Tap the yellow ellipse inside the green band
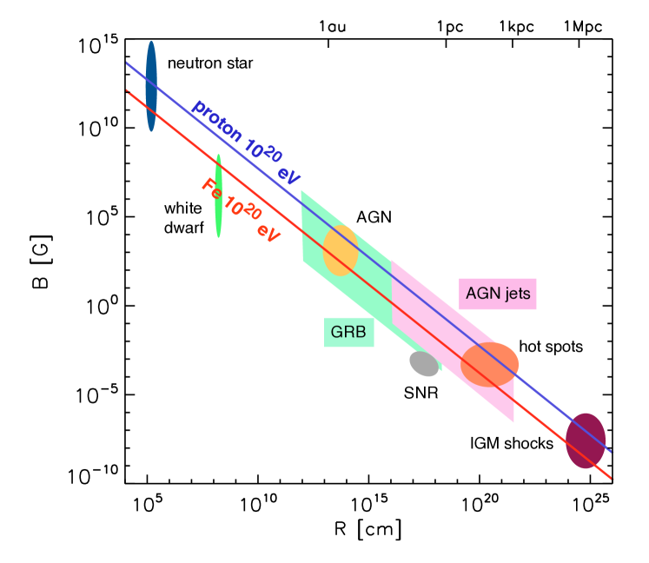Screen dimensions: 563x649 click(341, 251)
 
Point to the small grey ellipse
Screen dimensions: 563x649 click(425, 363)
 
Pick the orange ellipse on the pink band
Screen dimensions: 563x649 click(489, 364)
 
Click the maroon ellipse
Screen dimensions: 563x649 click(586, 440)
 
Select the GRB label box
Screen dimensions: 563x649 click(348, 331)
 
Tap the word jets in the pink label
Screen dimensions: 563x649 click(516, 294)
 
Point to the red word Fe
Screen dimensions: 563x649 click(211, 189)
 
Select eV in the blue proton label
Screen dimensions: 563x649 click(289, 174)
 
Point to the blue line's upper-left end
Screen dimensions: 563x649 click(127, 63)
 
